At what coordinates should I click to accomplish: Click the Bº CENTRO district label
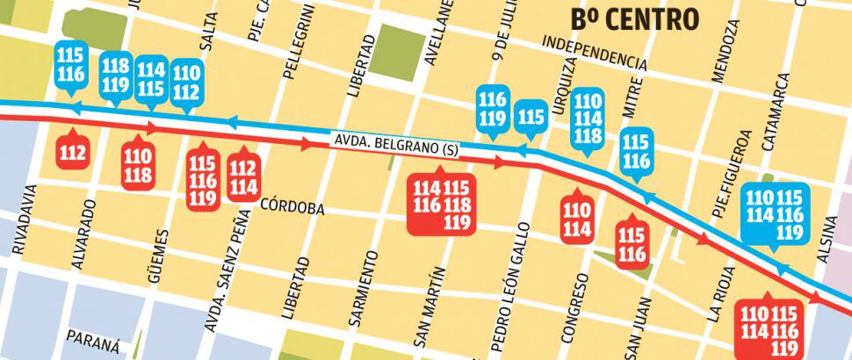634,18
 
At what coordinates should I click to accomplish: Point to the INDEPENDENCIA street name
595,52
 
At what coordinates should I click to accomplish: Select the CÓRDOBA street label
293,208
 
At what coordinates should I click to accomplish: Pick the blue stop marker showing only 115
531,118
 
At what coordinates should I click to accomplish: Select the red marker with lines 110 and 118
138,164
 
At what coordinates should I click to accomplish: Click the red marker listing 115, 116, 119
203,179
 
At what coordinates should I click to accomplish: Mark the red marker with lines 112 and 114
244,176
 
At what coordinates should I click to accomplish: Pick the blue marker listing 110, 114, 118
588,119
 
